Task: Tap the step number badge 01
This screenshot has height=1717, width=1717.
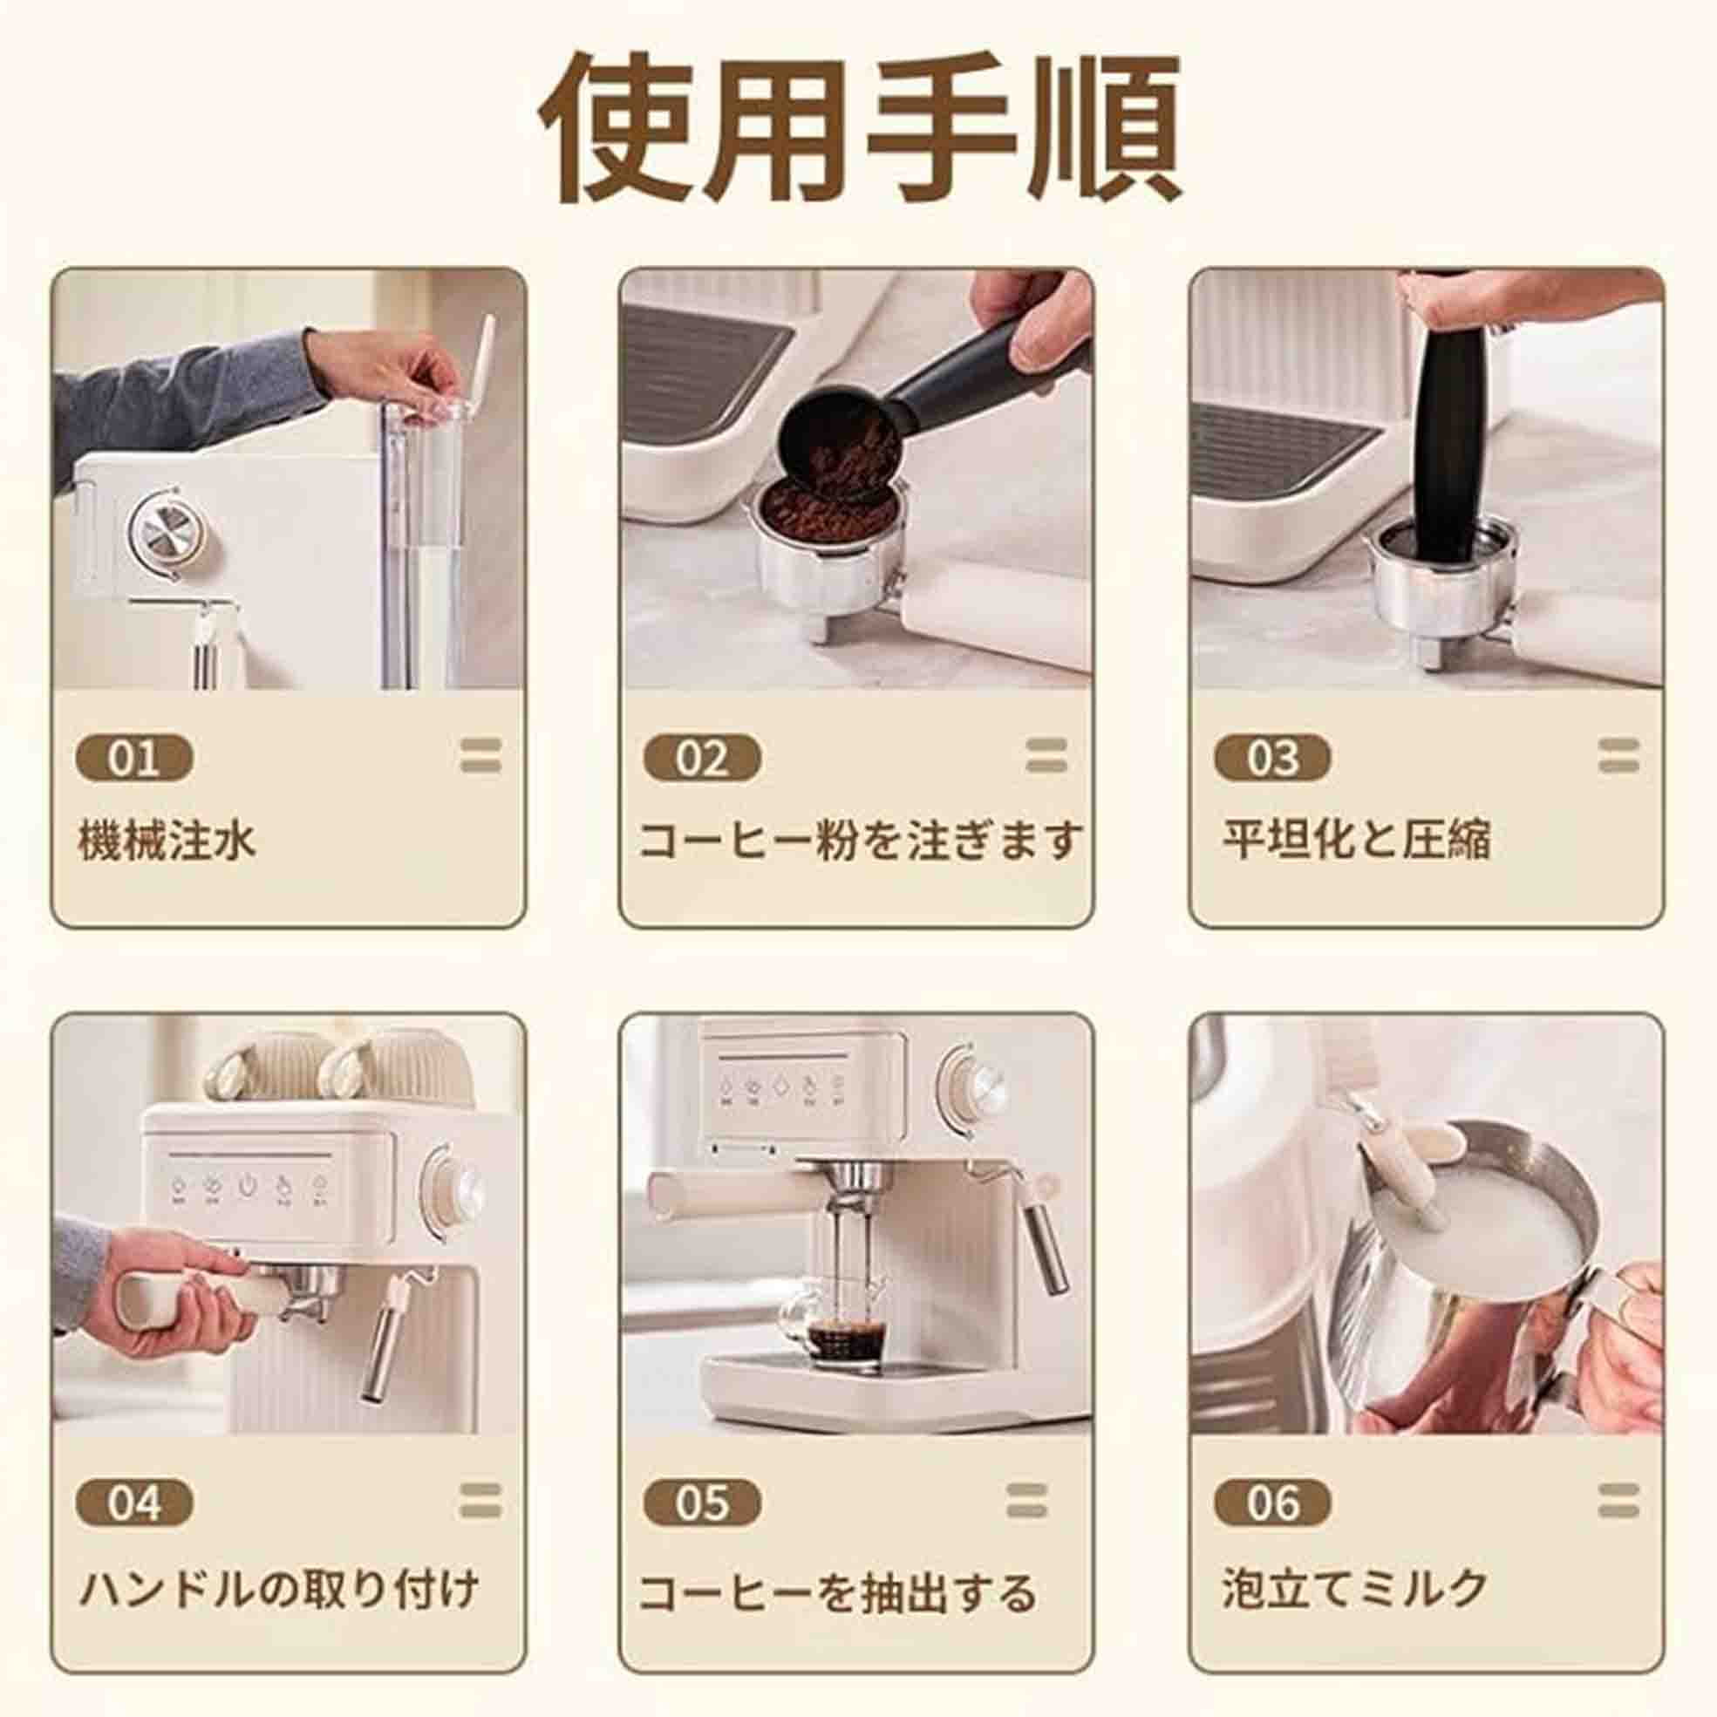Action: click(x=134, y=759)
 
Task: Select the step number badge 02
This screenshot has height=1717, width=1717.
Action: click(x=702, y=759)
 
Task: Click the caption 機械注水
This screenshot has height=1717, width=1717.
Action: click(x=167, y=840)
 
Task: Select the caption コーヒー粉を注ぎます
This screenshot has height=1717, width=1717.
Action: click(x=861, y=840)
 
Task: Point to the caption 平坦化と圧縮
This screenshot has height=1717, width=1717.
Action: click(x=1356, y=840)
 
